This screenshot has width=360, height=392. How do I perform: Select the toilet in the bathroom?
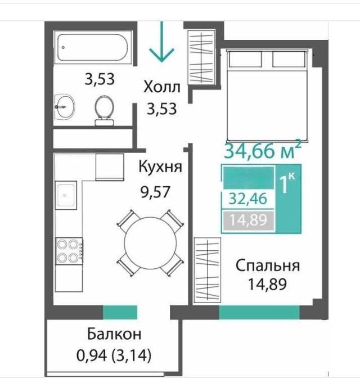pos(103,109)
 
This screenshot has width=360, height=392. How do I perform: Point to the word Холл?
pos(162,88)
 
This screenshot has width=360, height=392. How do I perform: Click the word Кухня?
pos(160,167)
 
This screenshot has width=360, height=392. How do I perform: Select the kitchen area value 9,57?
pos(155,190)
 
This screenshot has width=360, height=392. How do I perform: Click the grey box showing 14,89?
pos(247,219)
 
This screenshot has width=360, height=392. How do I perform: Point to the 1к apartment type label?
pos(288,183)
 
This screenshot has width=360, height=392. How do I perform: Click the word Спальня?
pos(267,265)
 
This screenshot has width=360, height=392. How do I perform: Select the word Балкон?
pos(114,334)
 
